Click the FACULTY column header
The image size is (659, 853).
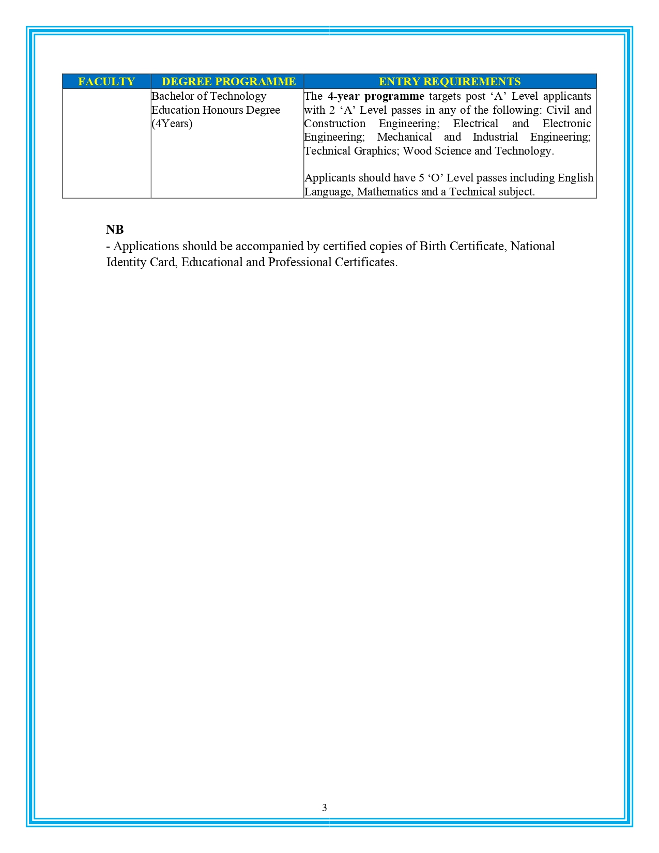(x=106, y=82)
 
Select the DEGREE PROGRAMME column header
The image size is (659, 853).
(x=228, y=82)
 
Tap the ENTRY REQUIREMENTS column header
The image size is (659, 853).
(x=450, y=82)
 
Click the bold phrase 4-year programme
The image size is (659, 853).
(x=376, y=96)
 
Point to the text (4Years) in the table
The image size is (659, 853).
(x=172, y=124)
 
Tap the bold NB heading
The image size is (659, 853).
(x=115, y=230)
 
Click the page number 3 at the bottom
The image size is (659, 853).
(x=325, y=808)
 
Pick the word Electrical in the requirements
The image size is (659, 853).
(x=476, y=124)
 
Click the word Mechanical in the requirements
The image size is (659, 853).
(x=405, y=137)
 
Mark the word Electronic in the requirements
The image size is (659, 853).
(x=566, y=124)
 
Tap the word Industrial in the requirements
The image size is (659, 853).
(x=495, y=137)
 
